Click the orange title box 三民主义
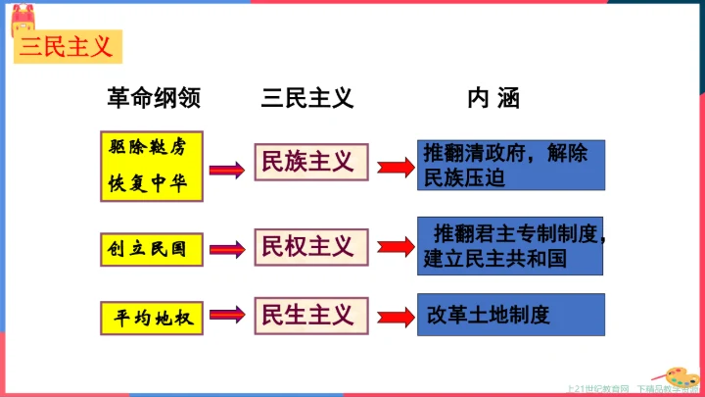pos(68,45)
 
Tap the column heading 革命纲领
pos(154,98)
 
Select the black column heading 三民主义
pos(306,98)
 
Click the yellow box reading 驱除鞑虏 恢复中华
pos(155,166)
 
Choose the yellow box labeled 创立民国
pos(154,249)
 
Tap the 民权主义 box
pos(310,246)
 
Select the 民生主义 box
pos(310,315)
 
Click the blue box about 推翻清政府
pos(510,166)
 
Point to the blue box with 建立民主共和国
pos(510,246)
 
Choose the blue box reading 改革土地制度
pos(510,316)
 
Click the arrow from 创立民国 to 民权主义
pos(228,248)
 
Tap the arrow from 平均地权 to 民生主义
pos(228,316)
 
